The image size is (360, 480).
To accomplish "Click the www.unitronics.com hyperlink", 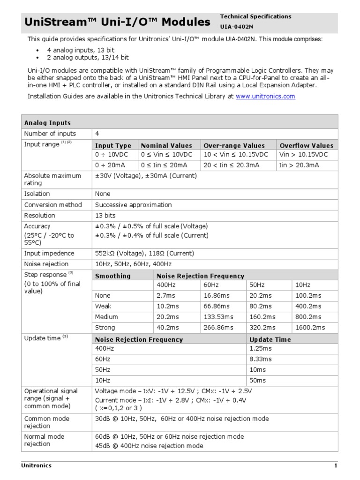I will point(265,96).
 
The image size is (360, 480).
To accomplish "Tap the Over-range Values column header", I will point(234,145).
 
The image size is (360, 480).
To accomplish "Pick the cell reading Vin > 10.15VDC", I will point(303,154).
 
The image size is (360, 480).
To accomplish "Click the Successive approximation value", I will point(133,205).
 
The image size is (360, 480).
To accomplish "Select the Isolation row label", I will point(37,194).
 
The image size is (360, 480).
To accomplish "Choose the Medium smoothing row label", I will point(106,317).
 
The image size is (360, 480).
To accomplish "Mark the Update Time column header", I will point(270,339).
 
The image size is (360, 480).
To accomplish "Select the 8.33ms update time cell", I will point(260,359).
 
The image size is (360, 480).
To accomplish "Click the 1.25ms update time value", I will point(260,348).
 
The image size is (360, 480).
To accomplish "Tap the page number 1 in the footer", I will point(336,465).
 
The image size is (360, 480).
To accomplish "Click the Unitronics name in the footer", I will point(37,465).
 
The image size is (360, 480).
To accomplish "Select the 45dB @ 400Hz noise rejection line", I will point(149,446).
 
